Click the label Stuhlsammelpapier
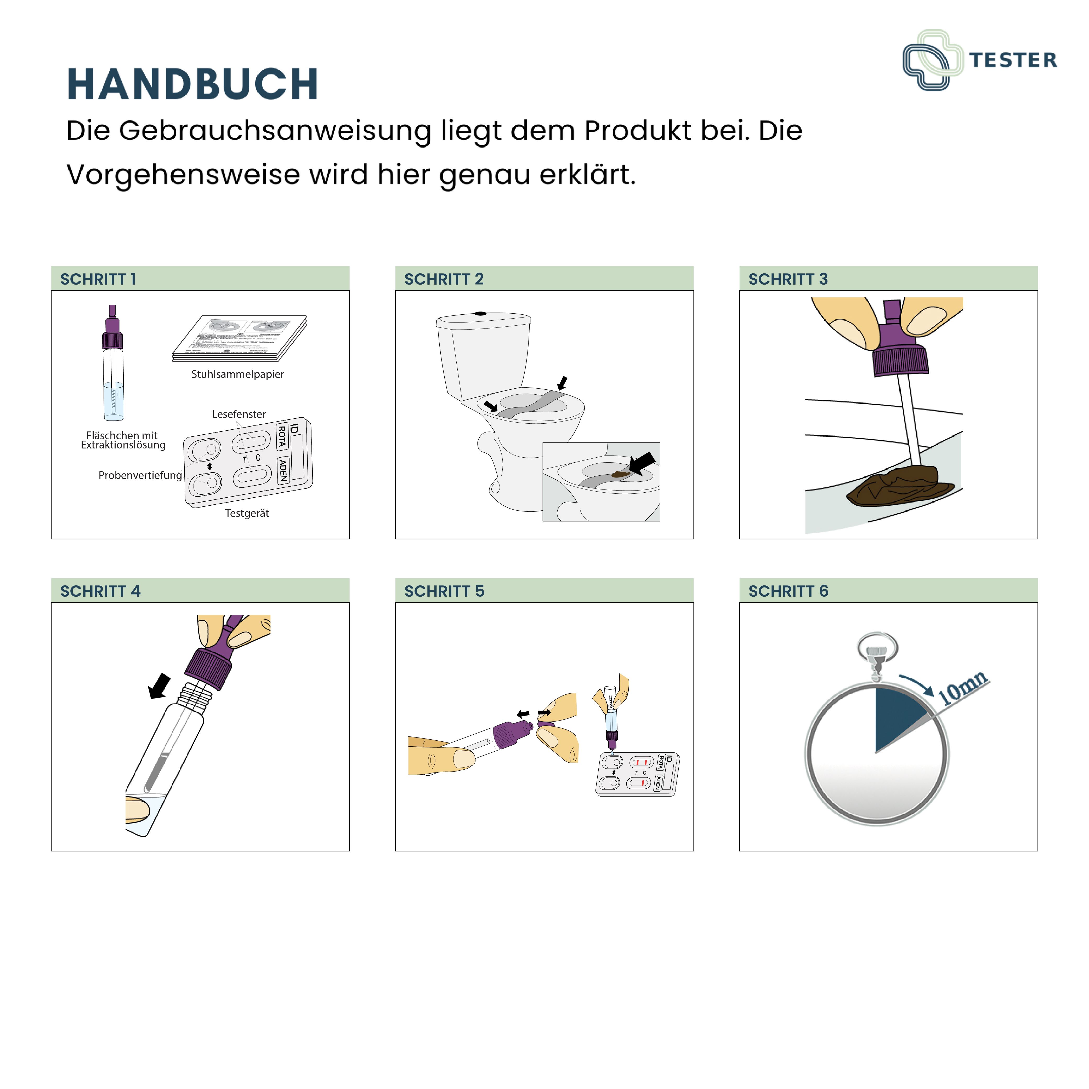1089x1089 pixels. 237,374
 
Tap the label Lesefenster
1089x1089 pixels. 239,414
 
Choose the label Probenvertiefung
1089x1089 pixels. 140,475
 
